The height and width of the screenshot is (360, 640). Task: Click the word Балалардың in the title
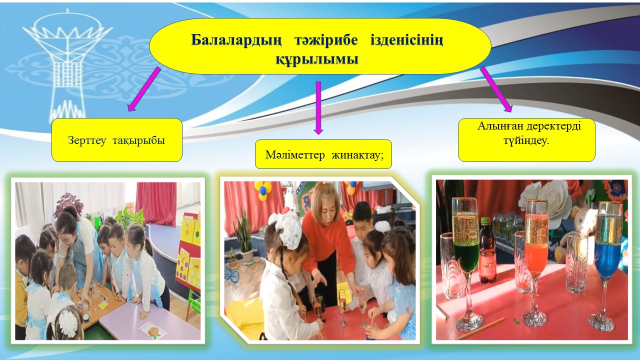coord(236,40)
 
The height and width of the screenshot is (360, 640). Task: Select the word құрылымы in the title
coord(317,59)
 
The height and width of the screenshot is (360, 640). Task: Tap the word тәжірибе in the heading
coord(326,40)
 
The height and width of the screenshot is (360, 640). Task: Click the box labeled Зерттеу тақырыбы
coord(117,140)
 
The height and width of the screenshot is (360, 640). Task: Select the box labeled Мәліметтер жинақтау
coord(323,154)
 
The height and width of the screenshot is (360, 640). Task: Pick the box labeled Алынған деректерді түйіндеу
coord(526,140)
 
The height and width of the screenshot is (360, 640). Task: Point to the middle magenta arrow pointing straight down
coord(318,108)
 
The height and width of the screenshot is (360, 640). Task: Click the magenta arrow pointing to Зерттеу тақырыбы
coord(144,89)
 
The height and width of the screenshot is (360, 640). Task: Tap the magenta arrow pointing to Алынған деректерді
coord(496,89)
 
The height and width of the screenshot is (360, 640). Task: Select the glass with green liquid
coord(465,263)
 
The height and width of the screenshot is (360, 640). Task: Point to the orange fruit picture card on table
coord(153,331)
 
